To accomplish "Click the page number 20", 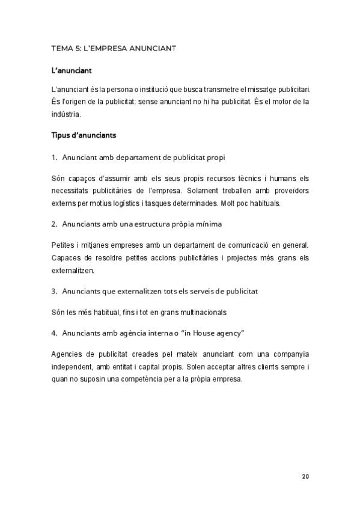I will pyautogui.click(x=305, y=476).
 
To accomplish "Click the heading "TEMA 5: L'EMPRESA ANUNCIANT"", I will pyautogui.click(x=114, y=48).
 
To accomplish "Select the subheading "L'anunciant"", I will pyautogui.click(x=72, y=71).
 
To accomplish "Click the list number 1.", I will pyautogui.click(x=54, y=158).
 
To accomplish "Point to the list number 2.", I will pyautogui.click(x=54, y=224).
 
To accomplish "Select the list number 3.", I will pyautogui.click(x=54, y=291).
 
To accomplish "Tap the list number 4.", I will pyautogui.click(x=54, y=333).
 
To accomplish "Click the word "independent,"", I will pyautogui.click(x=72, y=367).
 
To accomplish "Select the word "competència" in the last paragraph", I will pyautogui.click(x=171, y=379).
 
